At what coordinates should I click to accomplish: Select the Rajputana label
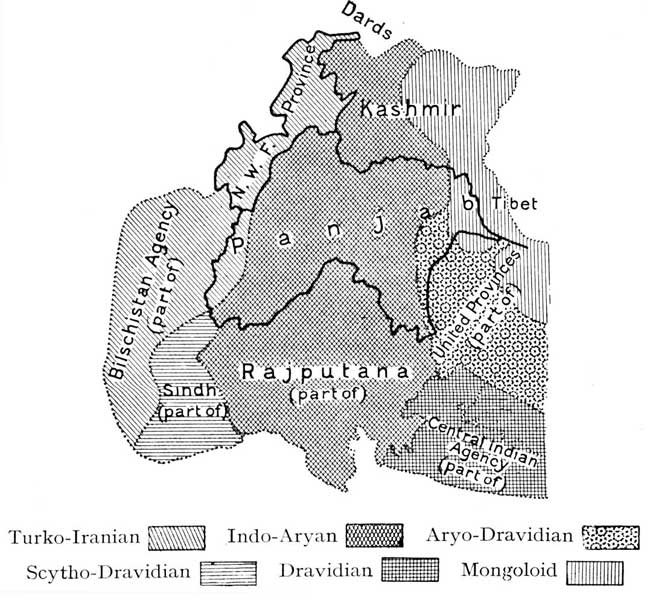(x=326, y=373)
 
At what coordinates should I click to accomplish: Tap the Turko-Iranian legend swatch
(x=176, y=537)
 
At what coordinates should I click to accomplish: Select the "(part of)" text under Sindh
(x=194, y=409)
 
